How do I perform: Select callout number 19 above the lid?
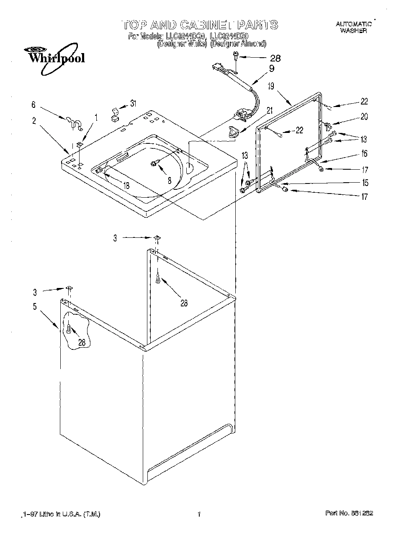[271, 87]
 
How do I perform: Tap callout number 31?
[133, 104]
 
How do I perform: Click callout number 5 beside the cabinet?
[35, 306]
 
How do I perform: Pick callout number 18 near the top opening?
[126, 186]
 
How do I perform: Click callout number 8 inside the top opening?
[169, 181]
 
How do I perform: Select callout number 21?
[270, 110]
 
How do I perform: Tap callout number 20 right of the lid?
[364, 117]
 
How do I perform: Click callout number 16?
[364, 154]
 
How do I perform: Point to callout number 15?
[365, 182]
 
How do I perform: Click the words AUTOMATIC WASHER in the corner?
[353, 28]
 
